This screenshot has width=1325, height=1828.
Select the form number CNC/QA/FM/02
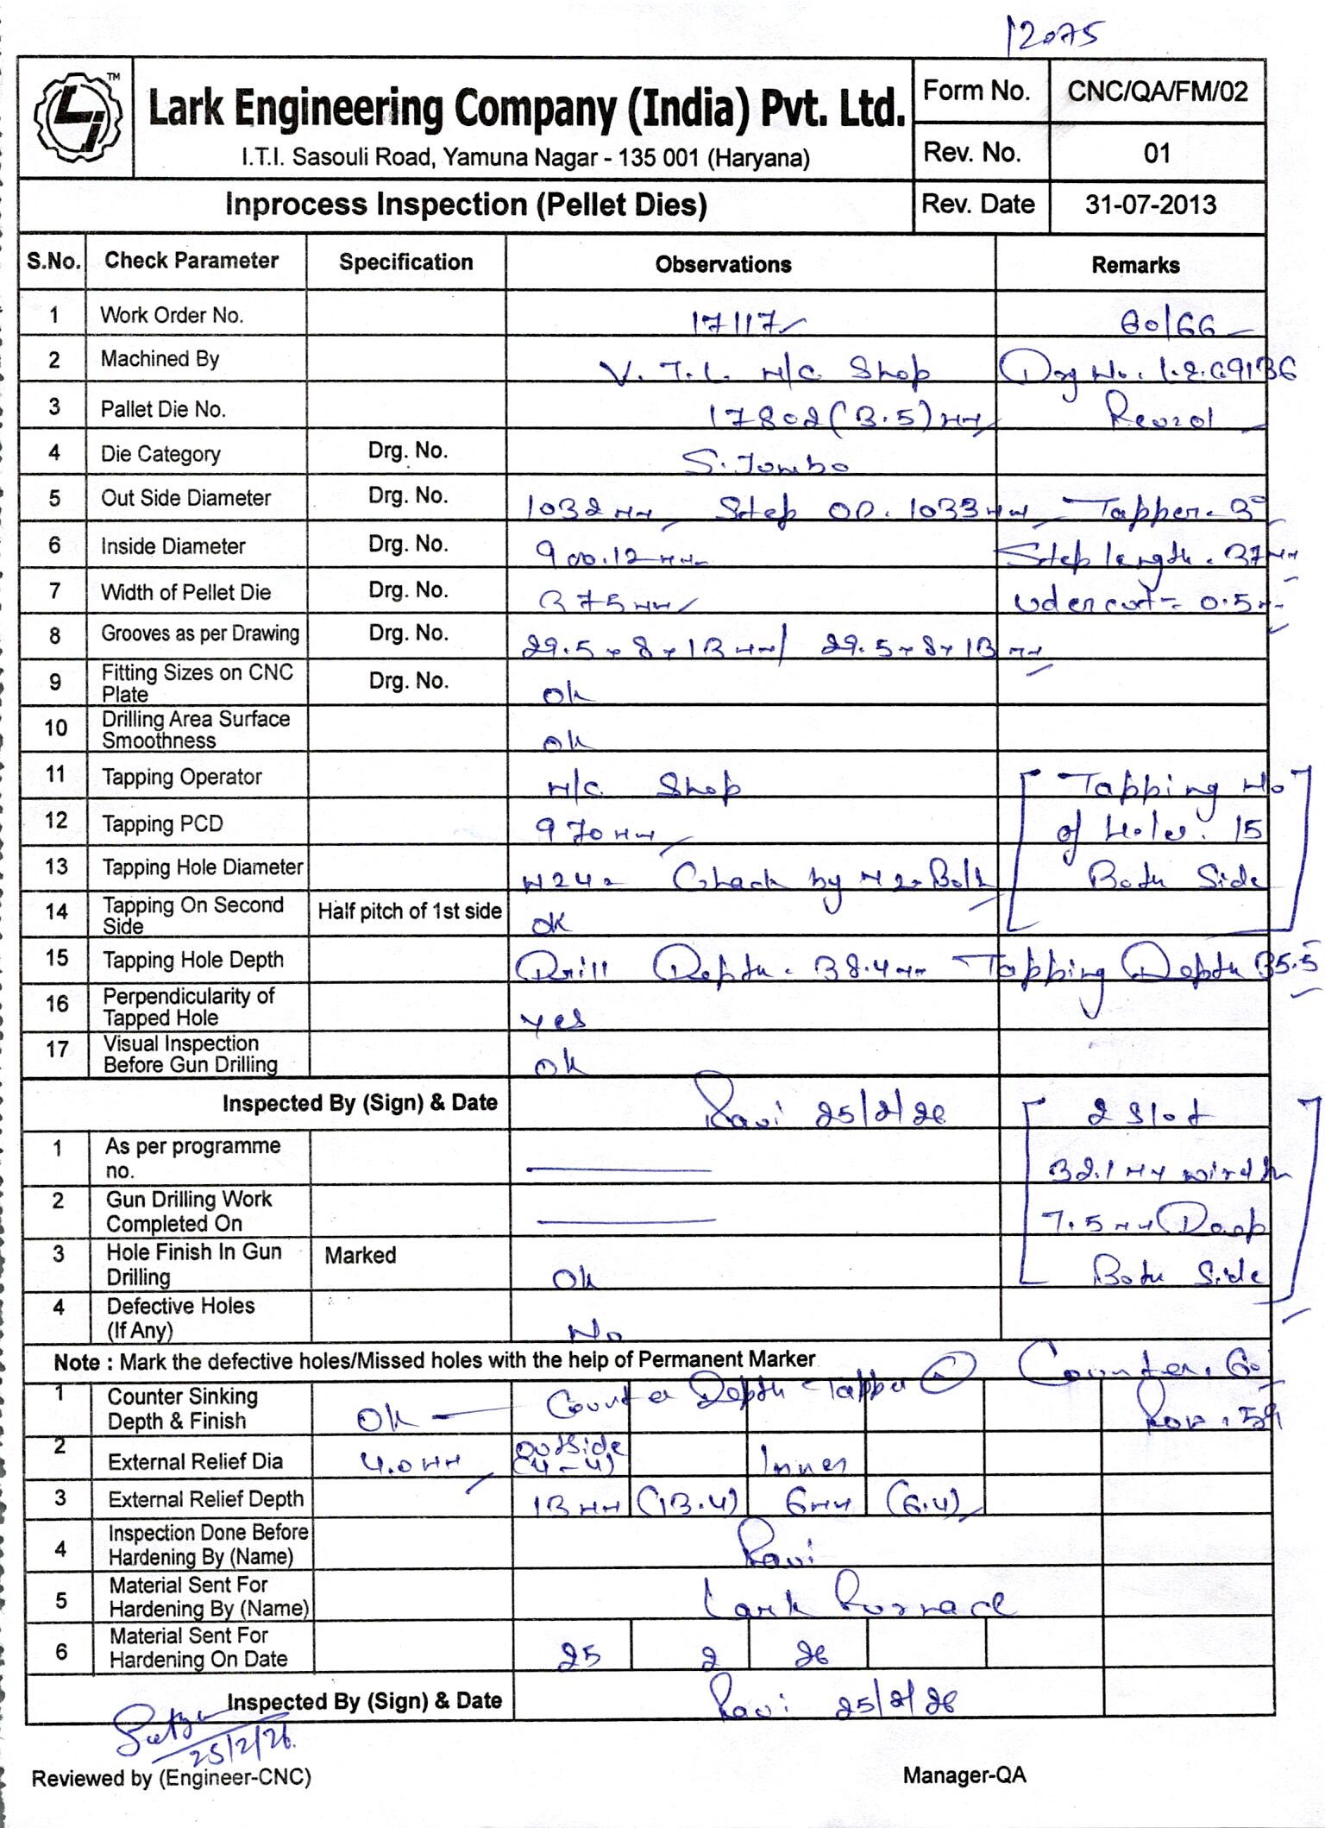(x=1157, y=91)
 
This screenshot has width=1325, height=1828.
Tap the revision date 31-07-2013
(x=1151, y=205)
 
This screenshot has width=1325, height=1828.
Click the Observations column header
(x=723, y=264)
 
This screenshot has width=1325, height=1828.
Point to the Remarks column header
(x=1135, y=265)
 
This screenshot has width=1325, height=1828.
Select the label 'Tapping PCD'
(x=162, y=823)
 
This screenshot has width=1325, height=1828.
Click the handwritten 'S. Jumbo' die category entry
(x=765, y=465)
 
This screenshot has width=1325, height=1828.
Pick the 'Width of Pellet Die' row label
(x=185, y=592)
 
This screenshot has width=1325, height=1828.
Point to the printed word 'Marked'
(x=360, y=1255)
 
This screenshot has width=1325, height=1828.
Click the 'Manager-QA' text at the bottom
(x=964, y=1775)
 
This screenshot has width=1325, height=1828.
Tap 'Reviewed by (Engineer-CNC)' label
(x=171, y=1777)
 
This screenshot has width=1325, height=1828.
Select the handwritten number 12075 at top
(x=1054, y=36)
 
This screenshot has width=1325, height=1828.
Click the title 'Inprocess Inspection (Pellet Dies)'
(x=466, y=205)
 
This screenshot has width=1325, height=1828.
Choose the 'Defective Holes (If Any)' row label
(x=180, y=1318)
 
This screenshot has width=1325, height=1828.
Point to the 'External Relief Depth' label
(x=205, y=1499)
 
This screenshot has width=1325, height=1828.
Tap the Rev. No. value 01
(x=1156, y=154)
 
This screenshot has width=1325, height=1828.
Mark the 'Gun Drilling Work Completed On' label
(x=188, y=1211)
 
